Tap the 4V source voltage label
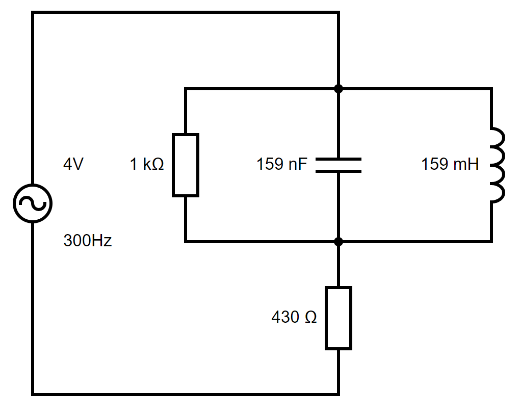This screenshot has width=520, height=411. (x=73, y=164)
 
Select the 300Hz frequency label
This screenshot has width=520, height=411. (x=88, y=240)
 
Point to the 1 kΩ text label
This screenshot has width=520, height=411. (x=147, y=164)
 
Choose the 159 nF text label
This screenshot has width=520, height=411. (x=282, y=164)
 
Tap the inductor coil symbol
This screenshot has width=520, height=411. (x=502, y=165)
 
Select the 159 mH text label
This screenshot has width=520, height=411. (x=450, y=164)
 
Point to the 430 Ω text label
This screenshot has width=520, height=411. (x=294, y=317)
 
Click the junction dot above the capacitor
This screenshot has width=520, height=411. (x=339, y=89)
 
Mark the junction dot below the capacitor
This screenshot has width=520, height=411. (x=339, y=242)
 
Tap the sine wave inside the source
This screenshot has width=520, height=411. (x=33, y=203)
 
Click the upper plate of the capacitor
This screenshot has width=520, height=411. (x=339, y=159)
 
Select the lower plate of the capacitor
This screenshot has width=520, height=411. (x=339, y=171)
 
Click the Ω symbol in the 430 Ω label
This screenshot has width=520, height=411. (x=311, y=317)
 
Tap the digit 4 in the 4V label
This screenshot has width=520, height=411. (x=68, y=164)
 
